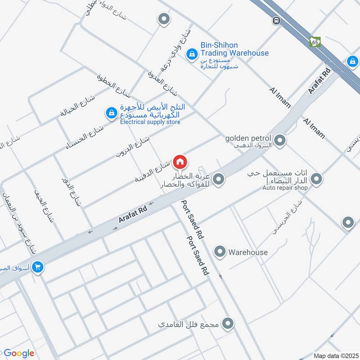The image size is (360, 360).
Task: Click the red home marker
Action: point(180,162)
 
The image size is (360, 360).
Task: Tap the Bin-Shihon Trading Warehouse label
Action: point(234,49)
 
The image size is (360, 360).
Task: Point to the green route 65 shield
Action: point(315,42)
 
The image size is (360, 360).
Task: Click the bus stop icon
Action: point(276,21)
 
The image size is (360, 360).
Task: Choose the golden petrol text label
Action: point(248,138)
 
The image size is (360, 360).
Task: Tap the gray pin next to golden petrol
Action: point(280,141)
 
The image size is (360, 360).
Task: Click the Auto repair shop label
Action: point(285,188)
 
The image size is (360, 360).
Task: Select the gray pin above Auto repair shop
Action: point(316,179)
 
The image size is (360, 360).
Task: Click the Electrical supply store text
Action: point(150,122)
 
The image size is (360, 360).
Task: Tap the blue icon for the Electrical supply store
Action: point(111,113)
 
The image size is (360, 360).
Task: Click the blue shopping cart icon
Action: point(37,267)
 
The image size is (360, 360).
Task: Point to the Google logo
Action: point(19,353)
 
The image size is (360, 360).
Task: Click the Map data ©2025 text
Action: point(335,356)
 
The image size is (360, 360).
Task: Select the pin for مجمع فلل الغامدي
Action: point(229,323)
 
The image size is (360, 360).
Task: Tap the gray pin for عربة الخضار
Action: point(219,180)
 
